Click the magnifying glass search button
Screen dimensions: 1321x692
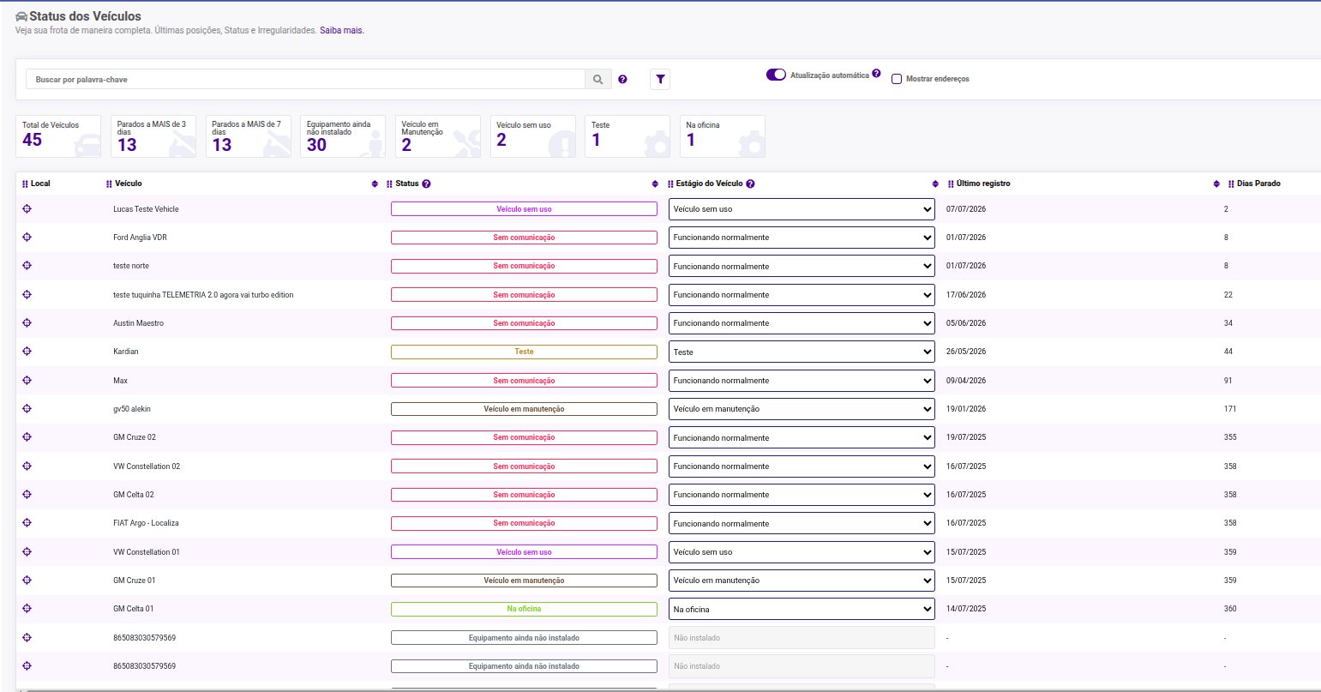pos(598,79)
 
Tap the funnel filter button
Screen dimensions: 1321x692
pos(660,79)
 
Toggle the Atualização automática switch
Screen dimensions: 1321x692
pos(776,75)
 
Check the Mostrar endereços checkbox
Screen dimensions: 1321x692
pos(897,79)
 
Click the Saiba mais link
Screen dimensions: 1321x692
pos(341,30)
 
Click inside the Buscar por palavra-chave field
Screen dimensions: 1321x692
pos(305,79)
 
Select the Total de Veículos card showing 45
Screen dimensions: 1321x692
pos(58,136)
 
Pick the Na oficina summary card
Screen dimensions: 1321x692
pos(723,136)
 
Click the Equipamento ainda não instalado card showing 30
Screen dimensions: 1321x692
pos(343,136)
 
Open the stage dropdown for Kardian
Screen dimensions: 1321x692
pos(802,352)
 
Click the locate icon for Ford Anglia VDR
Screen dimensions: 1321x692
pos(27,238)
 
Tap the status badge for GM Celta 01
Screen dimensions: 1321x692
pos(524,609)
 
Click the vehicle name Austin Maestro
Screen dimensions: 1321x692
pos(139,323)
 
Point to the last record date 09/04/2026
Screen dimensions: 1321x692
pos(966,381)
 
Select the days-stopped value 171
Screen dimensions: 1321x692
pos(1229,409)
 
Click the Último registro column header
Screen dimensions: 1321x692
pos(983,184)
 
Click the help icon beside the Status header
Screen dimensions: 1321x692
pos(426,184)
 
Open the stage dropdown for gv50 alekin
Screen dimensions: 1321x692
pos(802,409)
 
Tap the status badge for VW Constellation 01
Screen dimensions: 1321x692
pos(524,552)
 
